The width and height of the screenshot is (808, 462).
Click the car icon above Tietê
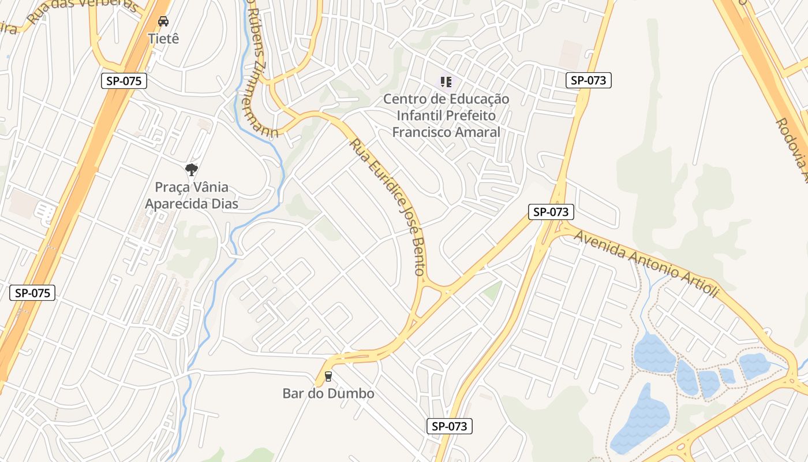click(x=163, y=22)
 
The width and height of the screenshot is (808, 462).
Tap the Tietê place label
click(x=163, y=39)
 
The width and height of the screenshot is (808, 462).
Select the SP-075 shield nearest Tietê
click(x=124, y=81)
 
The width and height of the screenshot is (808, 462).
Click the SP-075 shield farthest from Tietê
click(x=32, y=293)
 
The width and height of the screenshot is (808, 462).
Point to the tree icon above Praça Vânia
click(x=192, y=170)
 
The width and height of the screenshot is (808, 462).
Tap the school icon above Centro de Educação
click(x=446, y=82)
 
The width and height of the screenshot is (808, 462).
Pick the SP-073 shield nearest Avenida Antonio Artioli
click(x=551, y=212)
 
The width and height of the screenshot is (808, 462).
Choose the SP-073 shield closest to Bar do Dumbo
click(x=450, y=426)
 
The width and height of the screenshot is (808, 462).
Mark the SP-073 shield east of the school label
click(x=588, y=80)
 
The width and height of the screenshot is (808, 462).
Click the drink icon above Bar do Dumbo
click(x=328, y=377)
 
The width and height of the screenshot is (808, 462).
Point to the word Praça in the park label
click(x=173, y=187)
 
